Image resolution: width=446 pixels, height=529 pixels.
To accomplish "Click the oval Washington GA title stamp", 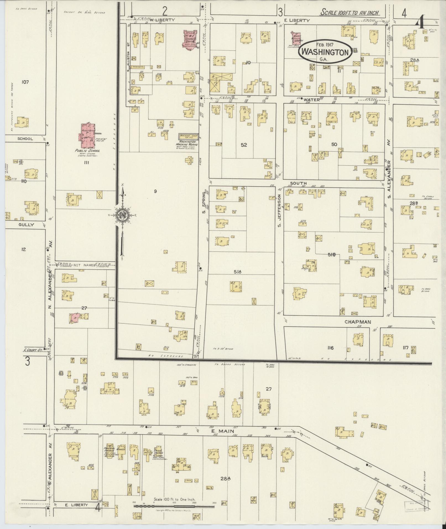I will [325, 51].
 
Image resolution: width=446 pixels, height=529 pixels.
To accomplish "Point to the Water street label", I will [311, 100].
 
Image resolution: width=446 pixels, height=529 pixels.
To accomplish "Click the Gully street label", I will [26, 225].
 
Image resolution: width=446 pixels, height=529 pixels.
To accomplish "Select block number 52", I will [244, 145].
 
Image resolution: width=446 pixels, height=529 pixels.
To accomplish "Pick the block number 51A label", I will [238, 272].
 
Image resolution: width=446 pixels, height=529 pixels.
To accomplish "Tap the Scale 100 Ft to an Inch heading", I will [349, 13].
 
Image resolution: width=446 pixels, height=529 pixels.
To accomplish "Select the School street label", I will [25, 139].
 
